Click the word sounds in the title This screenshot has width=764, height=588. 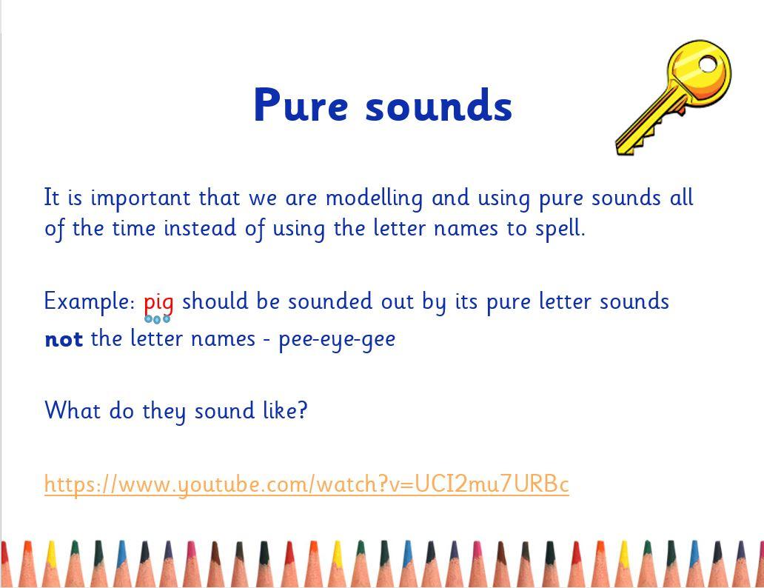pyautogui.click(x=438, y=105)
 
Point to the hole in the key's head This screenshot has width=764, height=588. pyautogui.click(x=708, y=64)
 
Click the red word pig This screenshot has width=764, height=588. pyautogui.click(x=158, y=303)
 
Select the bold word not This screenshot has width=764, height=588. pyautogui.click(x=64, y=339)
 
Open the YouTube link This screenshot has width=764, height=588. pyautogui.click(x=306, y=484)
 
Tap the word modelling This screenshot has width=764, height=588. pyautogui.click(x=374, y=198)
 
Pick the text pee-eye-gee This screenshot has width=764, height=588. pyautogui.click(x=337, y=339)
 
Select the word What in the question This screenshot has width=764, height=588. pyautogui.click(x=73, y=410)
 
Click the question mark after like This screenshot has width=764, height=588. pyautogui.click(x=303, y=410)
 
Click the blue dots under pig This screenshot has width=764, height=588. pyautogui.click(x=158, y=319)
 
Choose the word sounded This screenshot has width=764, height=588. pyautogui.click(x=330, y=301)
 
